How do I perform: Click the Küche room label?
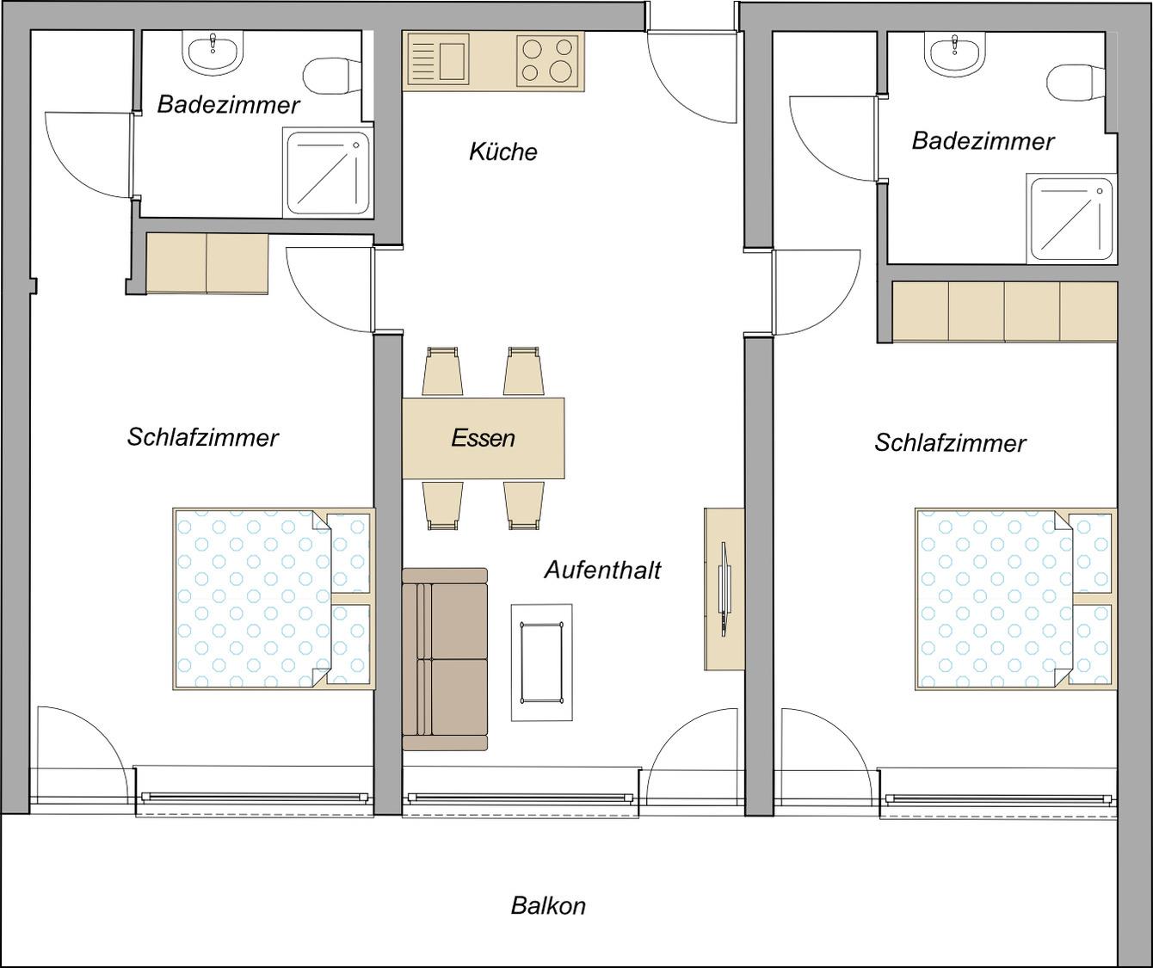(x=503, y=151)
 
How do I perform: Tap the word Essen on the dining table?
(x=484, y=438)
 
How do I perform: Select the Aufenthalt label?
(x=602, y=570)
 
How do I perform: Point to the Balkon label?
(x=548, y=905)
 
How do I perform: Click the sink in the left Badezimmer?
(x=212, y=52)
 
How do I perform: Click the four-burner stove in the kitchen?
(x=547, y=61)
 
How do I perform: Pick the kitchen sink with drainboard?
(x=437, y=61)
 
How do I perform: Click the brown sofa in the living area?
(x=445, y=659)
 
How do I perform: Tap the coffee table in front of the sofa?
(x=542, y=663)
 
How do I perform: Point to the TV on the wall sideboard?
(x=724, y=589)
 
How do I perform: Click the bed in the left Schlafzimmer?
(x=274, y=599)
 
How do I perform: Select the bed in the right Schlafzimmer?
(x=1016, y=599)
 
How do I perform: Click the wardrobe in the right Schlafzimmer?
(x=1005, y=311)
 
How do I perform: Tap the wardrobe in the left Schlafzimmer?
(x=207, y=263)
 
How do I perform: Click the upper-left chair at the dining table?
(x=442, y=371)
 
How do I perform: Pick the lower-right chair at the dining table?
(x=523, y=506)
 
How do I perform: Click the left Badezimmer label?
(x=228, y=105)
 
